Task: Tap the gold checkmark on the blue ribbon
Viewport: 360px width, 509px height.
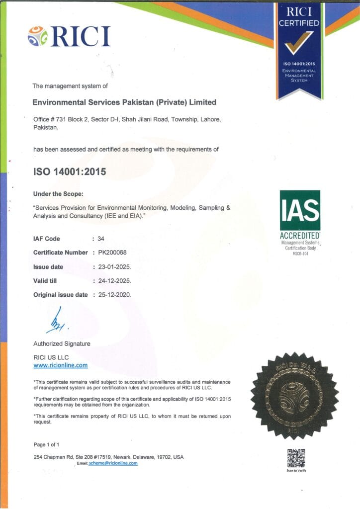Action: tap(299, 42)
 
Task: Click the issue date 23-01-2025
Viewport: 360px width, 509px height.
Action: tap(114, 267)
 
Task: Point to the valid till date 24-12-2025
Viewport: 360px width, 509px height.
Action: tap(114, 281)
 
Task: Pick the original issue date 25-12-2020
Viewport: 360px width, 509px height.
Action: tap(114, 295)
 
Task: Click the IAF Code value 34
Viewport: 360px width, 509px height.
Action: tap(101, 239)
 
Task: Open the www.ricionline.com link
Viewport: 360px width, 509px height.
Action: tap(60, 365)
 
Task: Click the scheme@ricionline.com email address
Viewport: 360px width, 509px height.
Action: tap(113, 463)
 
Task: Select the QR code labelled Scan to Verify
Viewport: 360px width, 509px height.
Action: tap(296, 458)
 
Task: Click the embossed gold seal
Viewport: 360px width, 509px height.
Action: tap(294, 395)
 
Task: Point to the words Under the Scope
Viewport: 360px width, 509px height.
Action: tap(55, 194)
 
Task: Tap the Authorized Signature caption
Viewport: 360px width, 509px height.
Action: tap(62, 343)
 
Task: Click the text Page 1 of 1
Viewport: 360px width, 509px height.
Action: tap(46, 444)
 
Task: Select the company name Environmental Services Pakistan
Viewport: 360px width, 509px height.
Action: tap(124, 102)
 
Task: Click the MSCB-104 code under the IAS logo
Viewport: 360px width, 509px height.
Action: tap(299, 254)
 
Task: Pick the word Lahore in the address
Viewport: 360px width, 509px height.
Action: tap(202, 120)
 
